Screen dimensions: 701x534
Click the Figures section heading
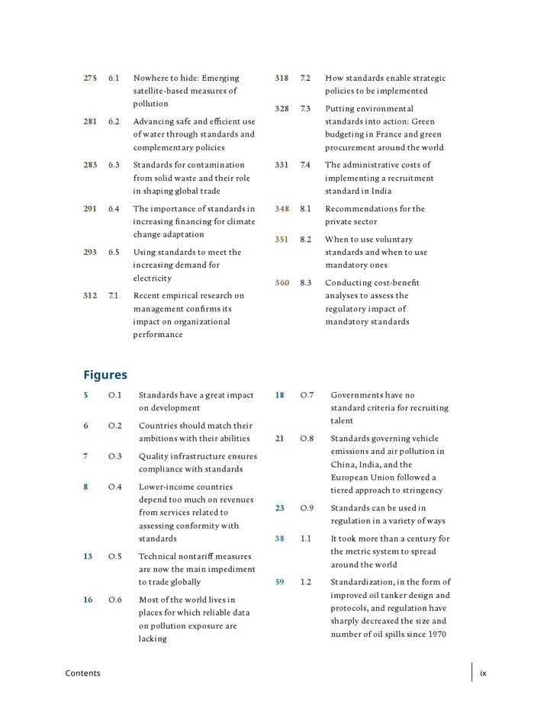point(105,375)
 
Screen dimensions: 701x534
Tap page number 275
point(90,78)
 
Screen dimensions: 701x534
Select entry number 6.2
point(114,121)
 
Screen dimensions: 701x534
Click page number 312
point(90,295)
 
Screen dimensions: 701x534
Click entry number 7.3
point(305,108)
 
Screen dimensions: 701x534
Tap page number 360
point(282,282)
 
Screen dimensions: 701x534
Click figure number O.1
point(115,395)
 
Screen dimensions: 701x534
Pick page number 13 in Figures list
point(88,556)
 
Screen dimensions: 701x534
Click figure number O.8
point(307,439)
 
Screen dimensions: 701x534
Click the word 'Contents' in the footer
point(82,673)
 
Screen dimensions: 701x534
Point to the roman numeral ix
point(483,673)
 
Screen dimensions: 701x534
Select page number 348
point(282,208)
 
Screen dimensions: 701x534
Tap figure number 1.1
point(305,539)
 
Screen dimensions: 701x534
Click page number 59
point(280,582)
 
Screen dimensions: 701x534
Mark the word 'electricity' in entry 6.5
point(153,278)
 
